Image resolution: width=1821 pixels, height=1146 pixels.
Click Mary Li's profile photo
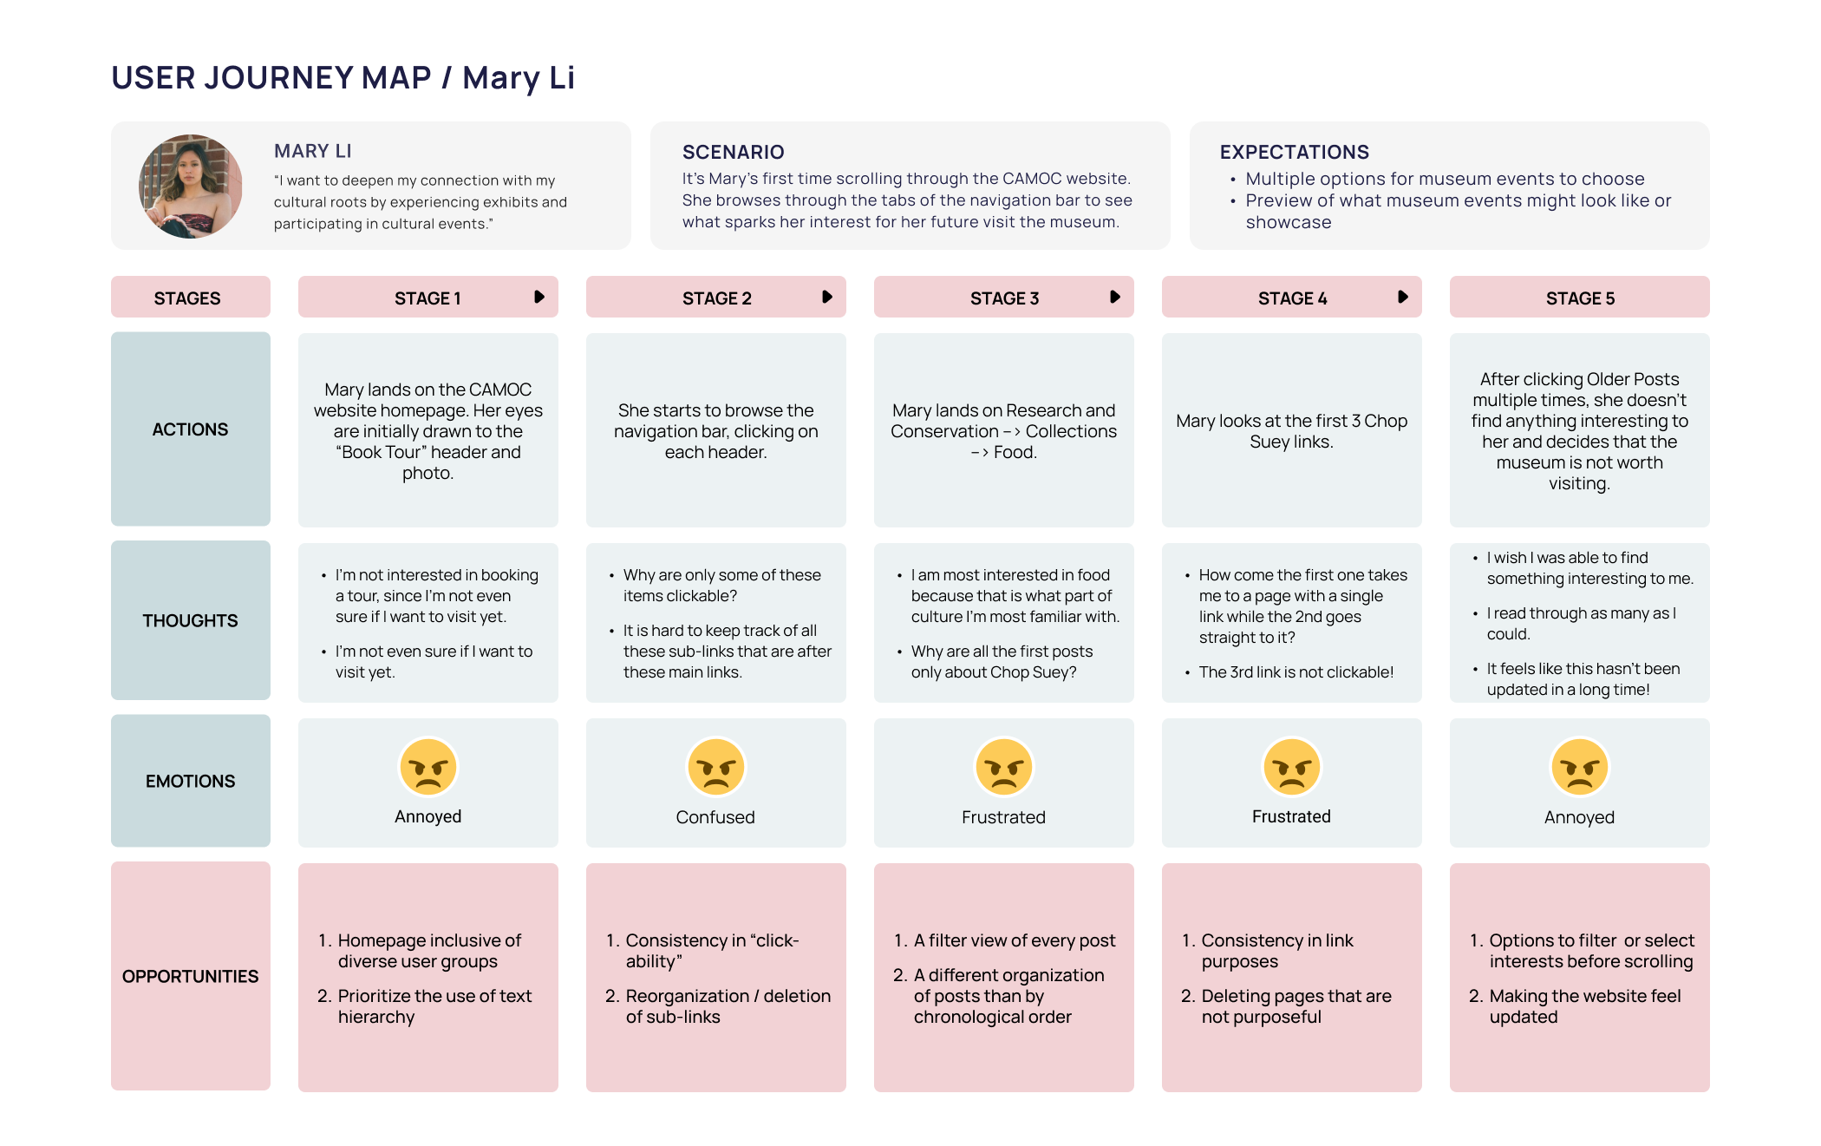point(191,187)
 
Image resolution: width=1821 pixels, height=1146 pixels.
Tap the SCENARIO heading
point(733,152)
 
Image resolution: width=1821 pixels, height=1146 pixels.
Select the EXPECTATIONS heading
point(1294,152)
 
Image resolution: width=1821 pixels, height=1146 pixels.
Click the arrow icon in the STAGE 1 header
point(539,297)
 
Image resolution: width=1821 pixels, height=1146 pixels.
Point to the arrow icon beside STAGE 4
point(1403,297)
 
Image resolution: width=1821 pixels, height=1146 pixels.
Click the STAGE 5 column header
point(1579,298)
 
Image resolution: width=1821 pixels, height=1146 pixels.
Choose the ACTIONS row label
point(190,429)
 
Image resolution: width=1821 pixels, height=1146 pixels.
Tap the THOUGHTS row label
point(190,620)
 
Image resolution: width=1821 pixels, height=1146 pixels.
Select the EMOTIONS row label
point(190,781)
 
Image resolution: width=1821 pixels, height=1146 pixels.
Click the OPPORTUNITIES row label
point(190,976)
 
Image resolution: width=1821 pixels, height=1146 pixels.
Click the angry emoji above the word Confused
point(715,767)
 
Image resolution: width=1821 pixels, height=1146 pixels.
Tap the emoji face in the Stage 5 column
point(1579,767)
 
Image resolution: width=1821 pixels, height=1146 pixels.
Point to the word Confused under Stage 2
point(715,817)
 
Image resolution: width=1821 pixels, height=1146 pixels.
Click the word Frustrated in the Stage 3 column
point(1003,817)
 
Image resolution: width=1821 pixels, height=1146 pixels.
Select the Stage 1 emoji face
point(428,767)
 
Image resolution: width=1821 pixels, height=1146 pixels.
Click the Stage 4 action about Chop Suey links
point(1291,431)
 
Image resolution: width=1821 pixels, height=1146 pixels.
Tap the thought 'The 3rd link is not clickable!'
point(1296,672)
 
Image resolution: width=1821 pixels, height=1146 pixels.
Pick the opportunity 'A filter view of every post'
point(1014,940)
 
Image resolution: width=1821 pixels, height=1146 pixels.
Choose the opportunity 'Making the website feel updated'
point(1584,1006)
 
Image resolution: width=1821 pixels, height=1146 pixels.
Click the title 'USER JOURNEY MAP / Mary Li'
point(343,78)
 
